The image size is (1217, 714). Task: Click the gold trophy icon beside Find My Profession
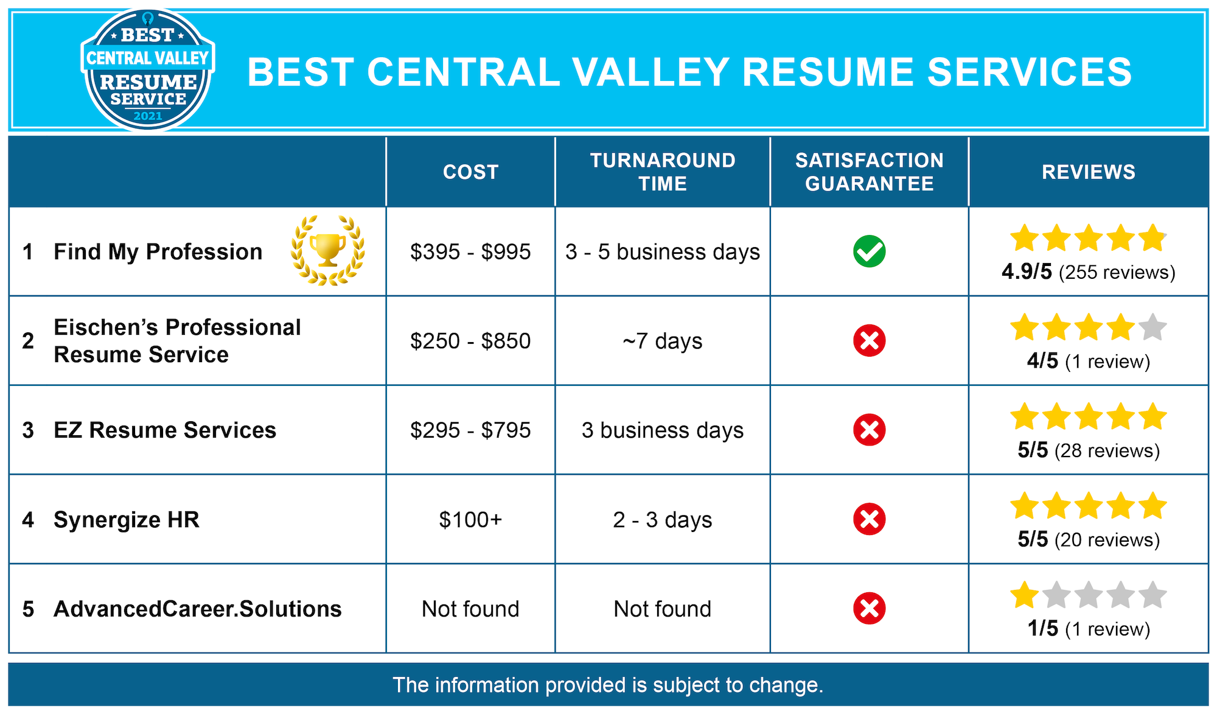coord(328,250)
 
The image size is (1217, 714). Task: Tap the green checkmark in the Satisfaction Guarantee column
coord(869,251)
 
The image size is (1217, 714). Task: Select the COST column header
coord(470,172)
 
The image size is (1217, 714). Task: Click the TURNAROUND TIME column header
coord(663,172)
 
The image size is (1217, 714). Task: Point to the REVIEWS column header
coord(1089,172)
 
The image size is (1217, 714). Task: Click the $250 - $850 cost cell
coord(470,341)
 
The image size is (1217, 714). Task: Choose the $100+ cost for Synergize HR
coord(470,520)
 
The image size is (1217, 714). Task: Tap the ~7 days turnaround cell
coord(663,341)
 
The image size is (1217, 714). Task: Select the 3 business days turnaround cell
coord(663,430)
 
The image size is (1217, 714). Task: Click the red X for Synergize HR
coord(869,519)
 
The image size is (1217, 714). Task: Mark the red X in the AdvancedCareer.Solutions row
coord(869,608)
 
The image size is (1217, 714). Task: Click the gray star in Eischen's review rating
coord(1152,327)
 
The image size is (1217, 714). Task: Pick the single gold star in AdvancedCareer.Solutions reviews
coord(1025,595)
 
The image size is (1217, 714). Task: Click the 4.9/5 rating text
coord(1027,271)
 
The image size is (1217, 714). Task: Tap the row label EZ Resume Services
coord(165,430)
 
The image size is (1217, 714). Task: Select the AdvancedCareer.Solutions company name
coord(198,609)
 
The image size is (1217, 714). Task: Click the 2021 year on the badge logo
coord(148,116)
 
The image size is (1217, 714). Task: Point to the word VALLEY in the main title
coord(650,72)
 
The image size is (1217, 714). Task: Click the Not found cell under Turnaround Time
coord(663,609)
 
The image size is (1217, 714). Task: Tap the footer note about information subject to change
coord(608,685)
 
